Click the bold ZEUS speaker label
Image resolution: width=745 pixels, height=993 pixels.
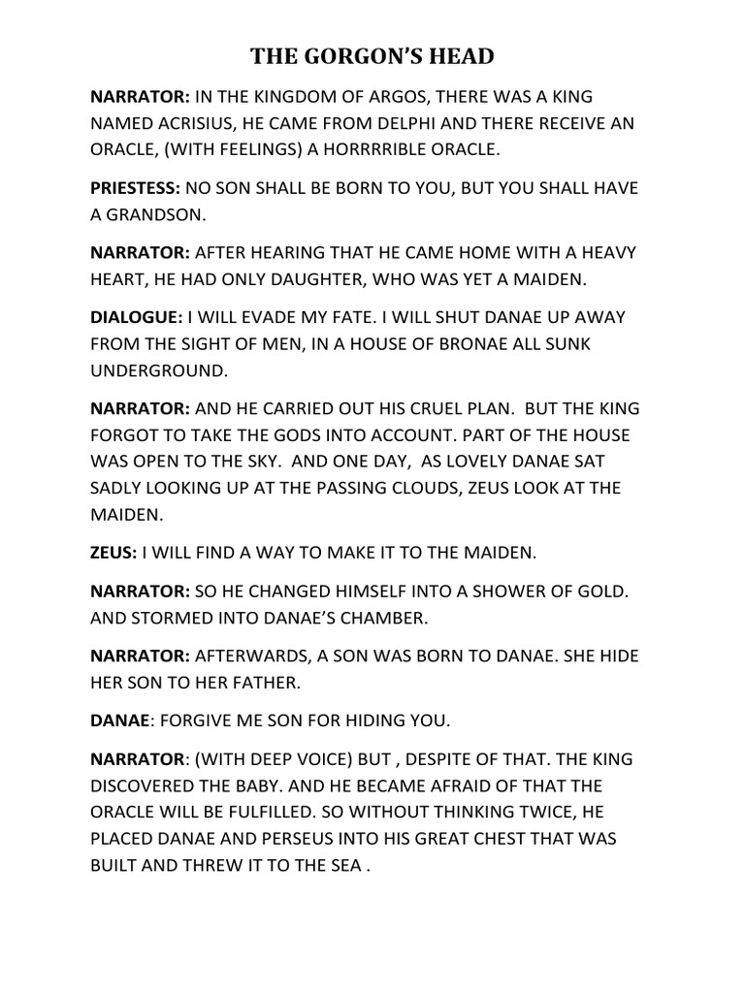(113, 553)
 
